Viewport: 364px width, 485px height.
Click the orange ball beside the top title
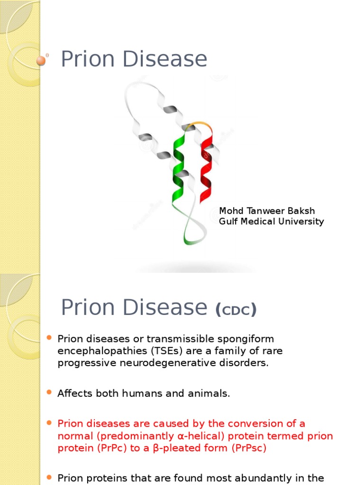[x=41, y=60]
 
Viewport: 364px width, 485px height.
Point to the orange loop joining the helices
[x=199, y=126]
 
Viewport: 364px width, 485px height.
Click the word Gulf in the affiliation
[x=227, y=221]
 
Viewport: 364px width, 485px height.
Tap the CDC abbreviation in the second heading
[x=236, y=310]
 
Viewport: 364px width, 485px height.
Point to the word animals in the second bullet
[x=210, y=393]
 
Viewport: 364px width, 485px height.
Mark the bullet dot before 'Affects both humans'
[x=49, y=393]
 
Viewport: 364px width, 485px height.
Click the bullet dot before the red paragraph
[x=49, y=423]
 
